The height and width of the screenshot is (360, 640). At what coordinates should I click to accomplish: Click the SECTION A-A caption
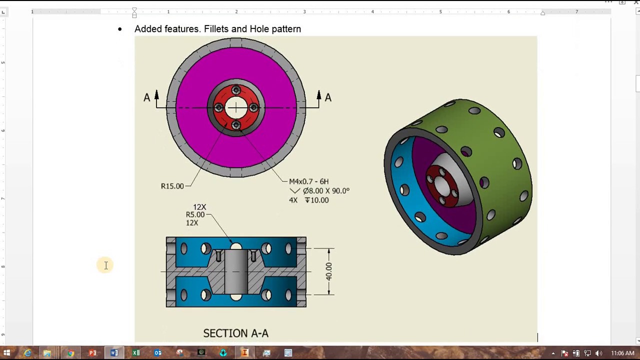[235, 333]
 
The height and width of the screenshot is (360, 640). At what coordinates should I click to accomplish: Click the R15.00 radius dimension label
[172, 186]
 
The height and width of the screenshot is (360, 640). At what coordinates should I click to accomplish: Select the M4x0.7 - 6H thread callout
[308, 181]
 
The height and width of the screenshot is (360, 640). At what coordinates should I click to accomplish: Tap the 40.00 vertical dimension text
[328, 271]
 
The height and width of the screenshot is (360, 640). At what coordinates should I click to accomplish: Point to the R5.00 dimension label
[195, 214]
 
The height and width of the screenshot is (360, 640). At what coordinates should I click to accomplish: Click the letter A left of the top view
[146, 98]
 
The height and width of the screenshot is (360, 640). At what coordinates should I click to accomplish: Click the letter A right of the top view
[328, 98]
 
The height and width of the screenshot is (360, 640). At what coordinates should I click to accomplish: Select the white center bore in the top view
[236, 107]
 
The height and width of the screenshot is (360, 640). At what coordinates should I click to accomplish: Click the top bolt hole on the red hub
[236, 90]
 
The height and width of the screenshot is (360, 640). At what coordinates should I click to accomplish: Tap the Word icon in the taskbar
[114, 353]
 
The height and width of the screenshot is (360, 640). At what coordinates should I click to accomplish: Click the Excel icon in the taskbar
[136, 353]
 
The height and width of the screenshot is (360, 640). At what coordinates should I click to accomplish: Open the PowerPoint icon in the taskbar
[92, 353]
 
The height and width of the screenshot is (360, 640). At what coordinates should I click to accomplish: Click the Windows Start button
[7, 353]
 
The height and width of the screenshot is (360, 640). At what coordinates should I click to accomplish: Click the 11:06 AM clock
[622, 353]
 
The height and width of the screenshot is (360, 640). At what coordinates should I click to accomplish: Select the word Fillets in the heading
[215, 29]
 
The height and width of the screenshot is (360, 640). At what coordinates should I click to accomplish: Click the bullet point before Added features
[119, 29]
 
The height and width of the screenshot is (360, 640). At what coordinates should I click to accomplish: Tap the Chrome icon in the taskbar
[70, 353]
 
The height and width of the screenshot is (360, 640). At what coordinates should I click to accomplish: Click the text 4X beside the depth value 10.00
[293, 200]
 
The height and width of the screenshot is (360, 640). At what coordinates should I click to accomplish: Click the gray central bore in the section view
[235, 271]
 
